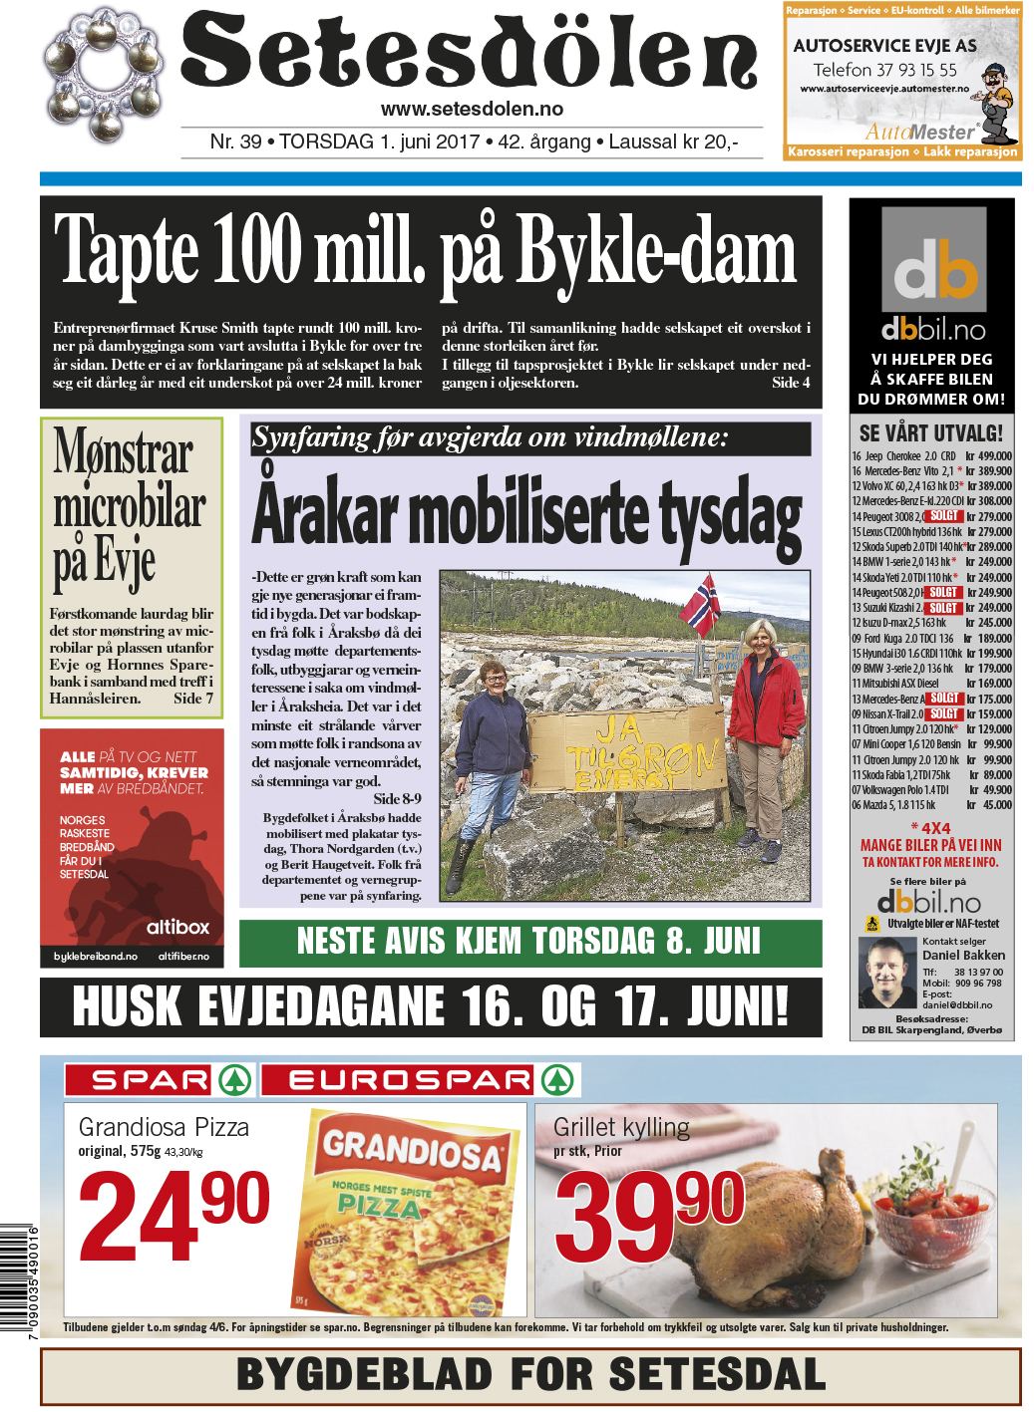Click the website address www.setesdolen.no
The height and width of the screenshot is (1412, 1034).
[472, 110]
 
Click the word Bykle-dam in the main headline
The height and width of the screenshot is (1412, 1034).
[656, 255]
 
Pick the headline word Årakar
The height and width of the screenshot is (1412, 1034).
[324, 511]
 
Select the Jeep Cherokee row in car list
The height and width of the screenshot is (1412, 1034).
[931, 456]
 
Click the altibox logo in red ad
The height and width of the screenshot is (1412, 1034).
[177, 927]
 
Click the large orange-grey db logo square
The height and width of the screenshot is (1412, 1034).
[933, 261]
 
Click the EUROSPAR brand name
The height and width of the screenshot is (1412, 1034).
[411, 1080]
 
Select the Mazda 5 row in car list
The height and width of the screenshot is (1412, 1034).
[931, 805]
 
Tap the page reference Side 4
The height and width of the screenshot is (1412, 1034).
[791, 383]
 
